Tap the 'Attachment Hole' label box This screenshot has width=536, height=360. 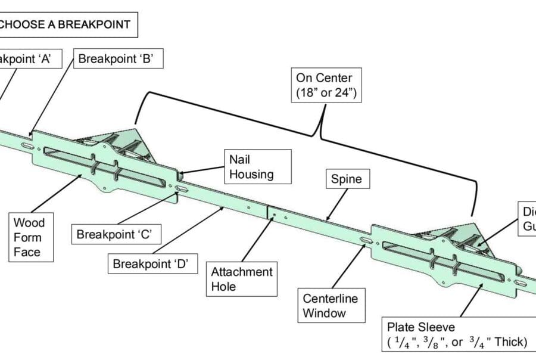coord(241,279)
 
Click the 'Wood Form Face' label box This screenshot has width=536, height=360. coord(29,237)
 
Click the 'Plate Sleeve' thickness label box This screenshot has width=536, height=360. coord(456,334)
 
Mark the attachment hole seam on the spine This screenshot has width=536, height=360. coord(269,213)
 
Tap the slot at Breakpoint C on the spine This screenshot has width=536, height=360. coord(183,189)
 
